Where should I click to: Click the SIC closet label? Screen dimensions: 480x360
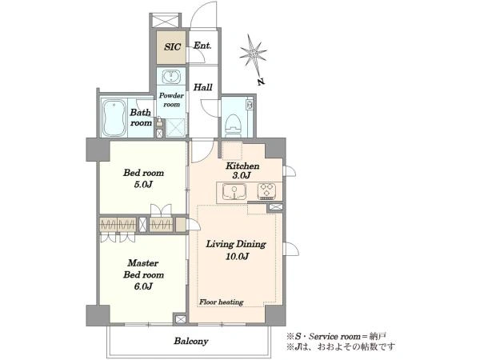(172, 47)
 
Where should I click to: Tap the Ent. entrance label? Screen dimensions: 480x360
(202, 46)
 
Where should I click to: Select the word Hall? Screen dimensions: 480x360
(202, 87)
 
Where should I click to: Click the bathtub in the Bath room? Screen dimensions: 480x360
(114, 118)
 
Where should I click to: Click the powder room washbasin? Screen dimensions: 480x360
(171, 77)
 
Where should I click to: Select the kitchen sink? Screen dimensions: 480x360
(234, 192)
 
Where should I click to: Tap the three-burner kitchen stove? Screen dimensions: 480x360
(266, 191)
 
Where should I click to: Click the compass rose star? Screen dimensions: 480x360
(253, 54)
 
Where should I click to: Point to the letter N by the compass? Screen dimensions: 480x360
(261, 82)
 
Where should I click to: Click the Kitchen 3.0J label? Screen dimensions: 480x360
(242, 171)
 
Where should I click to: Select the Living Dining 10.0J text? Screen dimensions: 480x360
(236, 250)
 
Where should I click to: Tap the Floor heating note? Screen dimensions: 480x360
(222, 302)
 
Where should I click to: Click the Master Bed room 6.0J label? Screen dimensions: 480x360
(143, 274)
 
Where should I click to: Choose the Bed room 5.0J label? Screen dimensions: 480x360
(143, 178)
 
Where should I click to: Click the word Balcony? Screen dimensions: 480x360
(191, 341)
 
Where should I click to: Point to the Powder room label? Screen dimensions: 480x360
(171, 100)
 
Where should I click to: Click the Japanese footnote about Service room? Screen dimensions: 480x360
(336, 337)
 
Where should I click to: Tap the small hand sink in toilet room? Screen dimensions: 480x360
(249, 105)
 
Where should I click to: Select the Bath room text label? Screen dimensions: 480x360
(141, 118)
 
